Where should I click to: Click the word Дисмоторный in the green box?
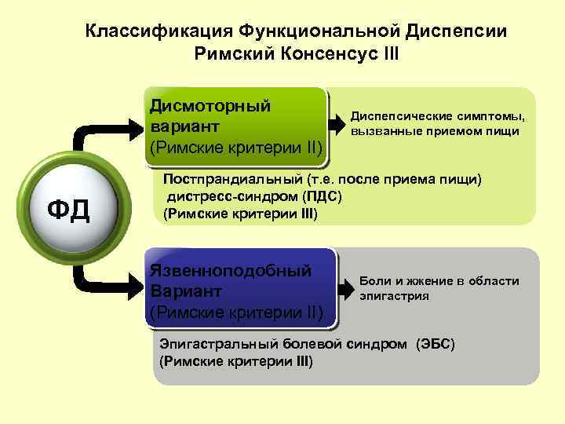pos(210,105)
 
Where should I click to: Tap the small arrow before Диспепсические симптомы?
pos(339,122)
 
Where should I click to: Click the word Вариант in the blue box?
pos(181,291)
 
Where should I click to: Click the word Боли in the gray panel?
pos(374,281)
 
